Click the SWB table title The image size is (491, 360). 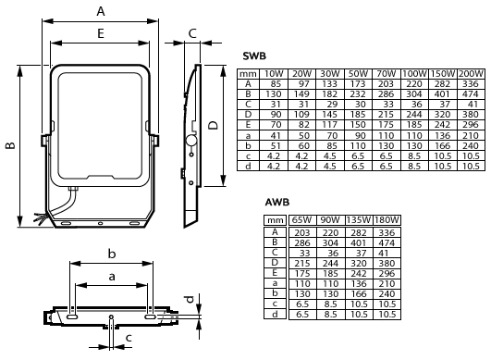(x=254, y=56)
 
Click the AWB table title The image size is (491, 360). (x=277, y=202)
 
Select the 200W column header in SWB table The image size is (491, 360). (x=471, y=74)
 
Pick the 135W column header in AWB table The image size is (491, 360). (x=359, y=220)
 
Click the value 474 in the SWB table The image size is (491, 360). (x=471, y=94)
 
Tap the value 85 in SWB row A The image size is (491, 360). (x=275, y=84)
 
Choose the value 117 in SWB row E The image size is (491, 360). (x=330, y=125)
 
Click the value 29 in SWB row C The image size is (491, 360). (x=332, y=105)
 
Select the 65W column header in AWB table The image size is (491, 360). (x=301, y=220)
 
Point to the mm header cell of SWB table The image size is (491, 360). (x=248, y=74)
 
